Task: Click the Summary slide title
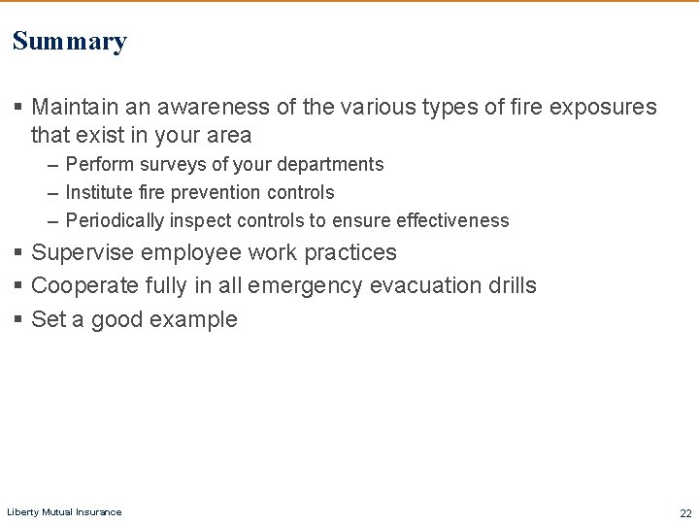pyautogui.click(x=70, y=42)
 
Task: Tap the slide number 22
pyautogui.click(x=685, y=513)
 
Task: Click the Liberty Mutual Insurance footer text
pyautogui.click(x=64, y=511)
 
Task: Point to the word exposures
pyautogui.click(x=603, y=107)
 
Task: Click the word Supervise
pyautogui.click(x=83, y=253)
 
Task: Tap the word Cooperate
pyautogui.click(x=84, y=286)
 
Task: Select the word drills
pyautogui.click(x=512, y=286)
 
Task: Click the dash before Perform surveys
pyautogui.click(x=51, y=165)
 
